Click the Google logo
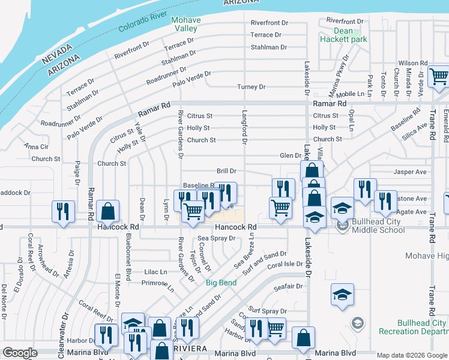point(20,353)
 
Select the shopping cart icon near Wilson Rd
point(439,77)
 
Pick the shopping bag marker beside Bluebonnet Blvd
point(107,211)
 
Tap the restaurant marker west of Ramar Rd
point(62,211)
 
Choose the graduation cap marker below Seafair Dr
point(342,295)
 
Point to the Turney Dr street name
point(251,87)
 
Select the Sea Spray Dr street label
point(216,238)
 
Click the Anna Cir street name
point(36,146)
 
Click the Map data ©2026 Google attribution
point(411,355)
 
